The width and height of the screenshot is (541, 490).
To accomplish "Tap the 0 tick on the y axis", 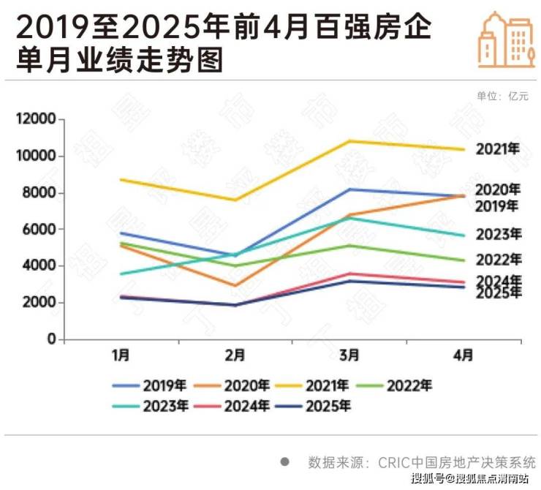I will [51, 340].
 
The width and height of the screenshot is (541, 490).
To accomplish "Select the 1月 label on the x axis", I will [121, 356].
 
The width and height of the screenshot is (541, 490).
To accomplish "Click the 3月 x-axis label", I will [349, 356].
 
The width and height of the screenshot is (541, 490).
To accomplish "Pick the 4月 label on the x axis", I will [464, 356].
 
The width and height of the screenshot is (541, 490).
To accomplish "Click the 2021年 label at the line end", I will [498, 149].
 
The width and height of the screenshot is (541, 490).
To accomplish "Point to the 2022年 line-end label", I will [498, 260].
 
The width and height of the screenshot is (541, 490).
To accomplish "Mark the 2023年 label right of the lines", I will [498, 235].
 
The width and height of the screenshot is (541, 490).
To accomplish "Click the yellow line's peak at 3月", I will [349, 141].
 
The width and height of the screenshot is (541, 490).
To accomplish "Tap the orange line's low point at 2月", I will [235, 286].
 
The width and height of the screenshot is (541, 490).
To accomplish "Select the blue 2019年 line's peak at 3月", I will [349, 189].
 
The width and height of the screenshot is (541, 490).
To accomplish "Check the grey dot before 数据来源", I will [285, 462].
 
